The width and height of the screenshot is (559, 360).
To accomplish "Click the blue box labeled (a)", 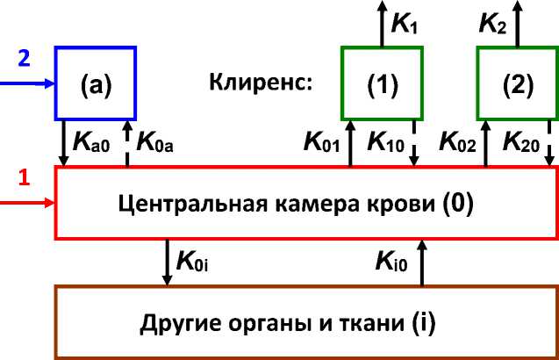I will [95, 83].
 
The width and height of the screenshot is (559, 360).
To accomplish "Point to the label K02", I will [457, 140].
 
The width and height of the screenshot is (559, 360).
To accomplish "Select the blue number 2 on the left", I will [25, 59].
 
